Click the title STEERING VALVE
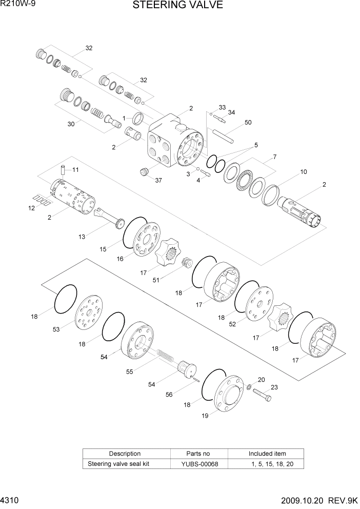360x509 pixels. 178,5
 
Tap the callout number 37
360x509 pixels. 158,180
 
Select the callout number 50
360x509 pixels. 248,123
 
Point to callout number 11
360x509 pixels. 75,169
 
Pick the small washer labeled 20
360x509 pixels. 249,386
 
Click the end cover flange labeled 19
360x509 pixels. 229,394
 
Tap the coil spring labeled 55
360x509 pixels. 166,355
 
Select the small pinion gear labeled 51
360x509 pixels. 187,262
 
